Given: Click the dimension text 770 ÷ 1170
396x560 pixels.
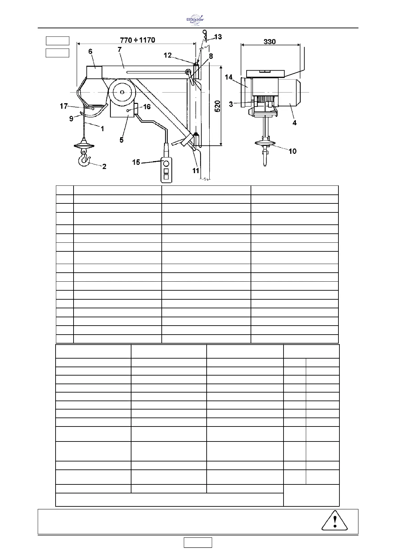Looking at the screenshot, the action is [x=137, y=40].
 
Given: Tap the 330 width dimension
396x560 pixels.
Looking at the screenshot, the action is [x=270, y=42].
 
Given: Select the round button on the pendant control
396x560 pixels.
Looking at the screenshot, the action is [x=166, y=163].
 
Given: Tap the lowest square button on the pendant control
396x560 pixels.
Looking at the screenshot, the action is [x=166, y=177].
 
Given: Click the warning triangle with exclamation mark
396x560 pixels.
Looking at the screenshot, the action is [x=335, y=520].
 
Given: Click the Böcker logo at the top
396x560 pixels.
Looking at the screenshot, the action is [x=195, y=19].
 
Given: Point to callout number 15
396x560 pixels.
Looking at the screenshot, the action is [x=136, y=162].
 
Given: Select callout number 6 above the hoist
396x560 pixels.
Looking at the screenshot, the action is [x=90, y=51].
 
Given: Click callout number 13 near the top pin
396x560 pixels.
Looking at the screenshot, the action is [x=218, y=37].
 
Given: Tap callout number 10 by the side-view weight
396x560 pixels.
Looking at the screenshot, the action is [x=292, y=151].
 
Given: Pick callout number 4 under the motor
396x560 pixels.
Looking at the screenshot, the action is [x=294, y=123].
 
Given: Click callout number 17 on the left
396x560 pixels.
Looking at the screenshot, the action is [x=64, y=106].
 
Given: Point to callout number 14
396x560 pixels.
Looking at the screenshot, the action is [x=229, y=77].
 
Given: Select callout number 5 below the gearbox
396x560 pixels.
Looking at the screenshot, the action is [x=121, y=140].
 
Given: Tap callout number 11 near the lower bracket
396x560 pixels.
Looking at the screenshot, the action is [x=196, y=170].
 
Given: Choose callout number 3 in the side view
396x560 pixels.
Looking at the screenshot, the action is [x=231, y=104].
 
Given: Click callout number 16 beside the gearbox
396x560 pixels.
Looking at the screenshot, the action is [x=147, y=107].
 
